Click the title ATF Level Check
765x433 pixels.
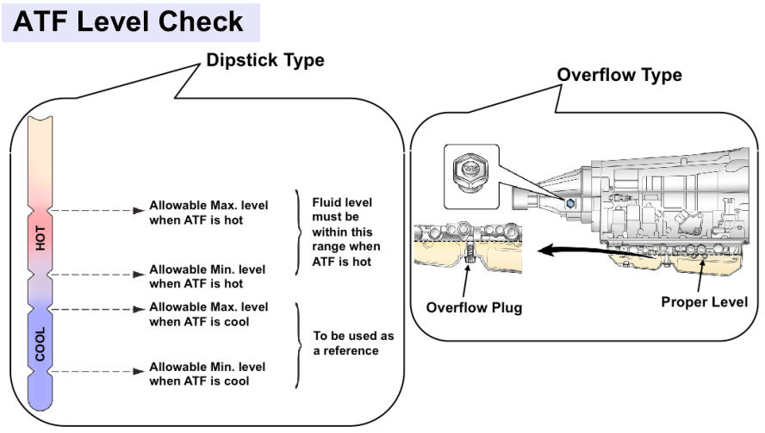pos(129,21)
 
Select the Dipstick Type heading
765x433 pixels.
pos(265,61)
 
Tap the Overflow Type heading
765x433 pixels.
pos(619,75)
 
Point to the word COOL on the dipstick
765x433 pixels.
pos(40,342)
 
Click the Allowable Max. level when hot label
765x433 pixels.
pos(208,213)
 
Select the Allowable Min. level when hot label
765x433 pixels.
pos(208,275)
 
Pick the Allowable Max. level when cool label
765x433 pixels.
pos(208,314)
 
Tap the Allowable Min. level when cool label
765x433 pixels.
pos(208,374)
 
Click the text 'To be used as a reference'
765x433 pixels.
pos(345,343)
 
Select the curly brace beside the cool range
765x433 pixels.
pos(299,343)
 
